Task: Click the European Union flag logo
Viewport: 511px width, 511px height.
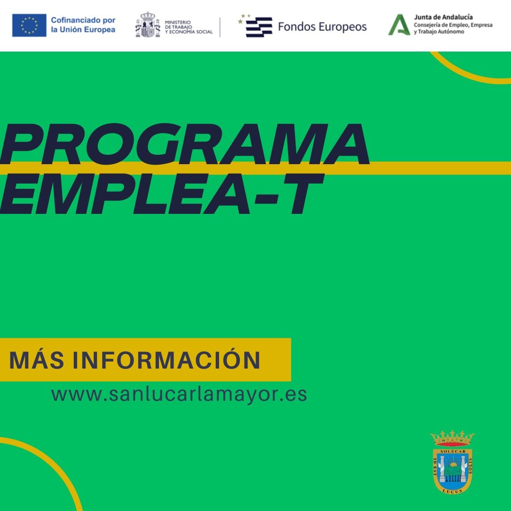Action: (29, 25)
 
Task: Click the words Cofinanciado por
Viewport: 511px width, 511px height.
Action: (83, 21)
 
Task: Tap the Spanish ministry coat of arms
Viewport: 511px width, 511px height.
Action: (148, 25)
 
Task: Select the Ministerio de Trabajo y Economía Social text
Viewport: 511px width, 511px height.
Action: (188, 27)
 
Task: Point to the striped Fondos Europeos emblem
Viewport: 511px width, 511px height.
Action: (258, 26)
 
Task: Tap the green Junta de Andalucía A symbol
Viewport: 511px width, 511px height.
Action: (398, 25)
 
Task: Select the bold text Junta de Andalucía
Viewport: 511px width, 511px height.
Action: (443, 17)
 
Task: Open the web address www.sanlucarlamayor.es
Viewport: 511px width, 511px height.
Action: (179, 394)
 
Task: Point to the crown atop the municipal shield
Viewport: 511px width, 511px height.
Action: (452, 438)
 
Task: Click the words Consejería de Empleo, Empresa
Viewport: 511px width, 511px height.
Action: (453, 25)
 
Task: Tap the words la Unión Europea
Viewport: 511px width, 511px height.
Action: (82, 30)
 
